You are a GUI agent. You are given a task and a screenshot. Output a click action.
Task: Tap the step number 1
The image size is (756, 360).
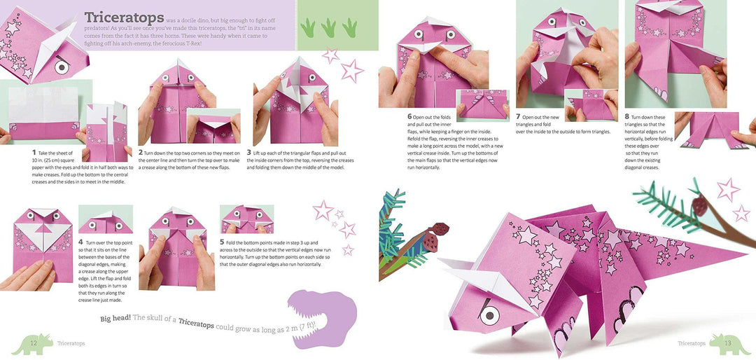coord(34,152)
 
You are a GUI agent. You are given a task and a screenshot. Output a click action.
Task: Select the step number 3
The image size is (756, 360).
coord(249,152)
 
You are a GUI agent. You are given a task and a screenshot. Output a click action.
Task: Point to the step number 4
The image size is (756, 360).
coord(80,242)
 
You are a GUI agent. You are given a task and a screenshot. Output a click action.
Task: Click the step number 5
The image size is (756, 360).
coord(222,242)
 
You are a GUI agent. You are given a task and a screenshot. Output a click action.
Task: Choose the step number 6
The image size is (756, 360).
coord(409,116)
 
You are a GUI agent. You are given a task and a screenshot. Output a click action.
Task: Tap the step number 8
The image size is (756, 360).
coord(627,117)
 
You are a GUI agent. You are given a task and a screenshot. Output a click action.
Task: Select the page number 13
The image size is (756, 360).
coord(727,343)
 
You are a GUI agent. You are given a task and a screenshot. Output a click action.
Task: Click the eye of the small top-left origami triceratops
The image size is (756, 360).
coord(62,67)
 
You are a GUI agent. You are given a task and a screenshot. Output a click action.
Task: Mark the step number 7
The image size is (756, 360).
coord(518,117)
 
